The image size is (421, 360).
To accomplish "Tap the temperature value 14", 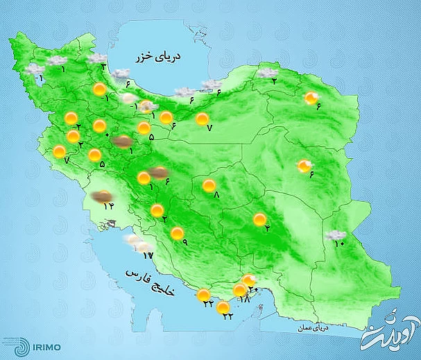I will click(108, 206).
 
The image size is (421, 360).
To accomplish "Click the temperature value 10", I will click(340, 243).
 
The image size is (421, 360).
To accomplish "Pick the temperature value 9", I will click(184, 241).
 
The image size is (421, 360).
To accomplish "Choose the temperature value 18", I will click(244, 299).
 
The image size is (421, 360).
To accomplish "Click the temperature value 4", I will click(266, 230).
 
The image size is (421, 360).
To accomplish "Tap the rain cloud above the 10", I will click(336, 234).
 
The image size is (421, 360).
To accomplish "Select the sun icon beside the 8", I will click(209, 186).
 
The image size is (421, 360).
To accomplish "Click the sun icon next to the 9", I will click(178, 233).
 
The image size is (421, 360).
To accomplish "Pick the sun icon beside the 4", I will click(259, 220).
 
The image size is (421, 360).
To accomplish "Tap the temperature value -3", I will click(103, 67).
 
